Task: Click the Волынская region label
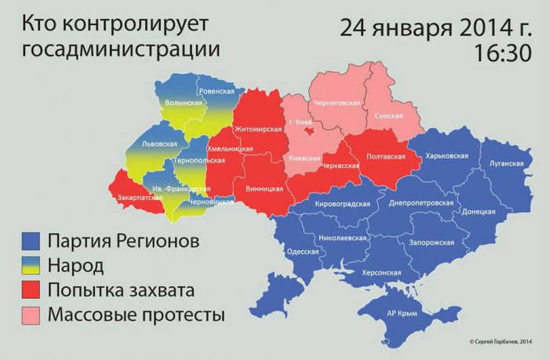[183, 102]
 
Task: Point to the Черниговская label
[336, 103]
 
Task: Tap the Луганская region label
[506, 163]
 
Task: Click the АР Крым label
[402, 311]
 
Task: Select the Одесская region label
[304, 251]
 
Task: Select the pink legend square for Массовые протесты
[32, 316]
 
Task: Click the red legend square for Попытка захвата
[32, 291]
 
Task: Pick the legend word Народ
[75, 265]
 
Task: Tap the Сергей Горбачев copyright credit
[500, 340]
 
